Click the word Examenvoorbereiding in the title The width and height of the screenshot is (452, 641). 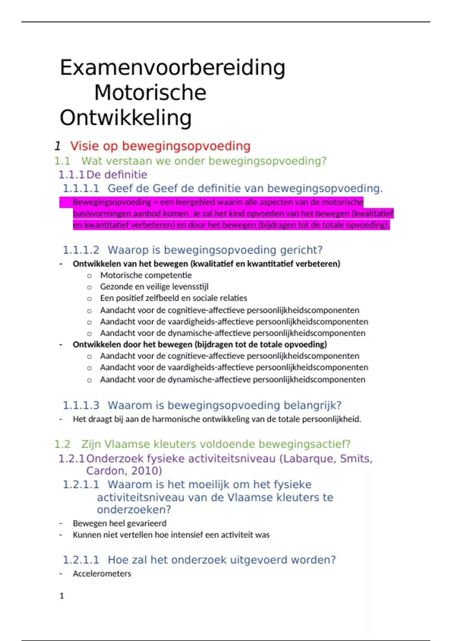pyautogui.click(x=173, y=68)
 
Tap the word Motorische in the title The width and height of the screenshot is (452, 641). pyautogui.click(x=150, y=93)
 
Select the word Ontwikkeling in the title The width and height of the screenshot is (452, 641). pyautogui.click(x=126, y=118)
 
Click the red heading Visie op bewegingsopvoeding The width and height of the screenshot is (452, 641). pyautogui.click(x=160, y=146)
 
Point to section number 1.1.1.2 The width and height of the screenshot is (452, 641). pyautogui.click(x=81, y=250)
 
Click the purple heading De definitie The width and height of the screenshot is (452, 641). pyautogui.click(x=117, y=175)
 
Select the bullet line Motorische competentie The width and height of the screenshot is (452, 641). pyautogui.click(x=146, y=275)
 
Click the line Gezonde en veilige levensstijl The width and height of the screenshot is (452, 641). pyautogui.click(x=154, y=287)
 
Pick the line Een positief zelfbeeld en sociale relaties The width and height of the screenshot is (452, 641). pyautogui.click(x=173, y=298)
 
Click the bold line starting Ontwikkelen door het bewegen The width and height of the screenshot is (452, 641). pyautogui.click(x=200, y=344)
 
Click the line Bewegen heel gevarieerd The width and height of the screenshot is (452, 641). pyautogui.click(x=119, y=523)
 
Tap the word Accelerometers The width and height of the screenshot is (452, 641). pyautogui.click(x=102, y=574)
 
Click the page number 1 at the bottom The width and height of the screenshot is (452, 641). pyautogui.click(x=62, y=596)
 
